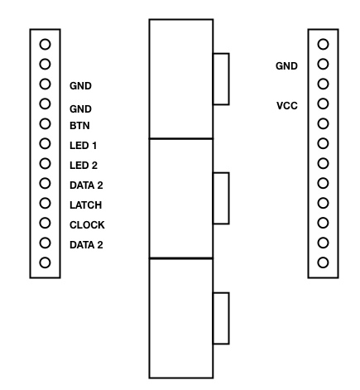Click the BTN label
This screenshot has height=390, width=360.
[79, 126]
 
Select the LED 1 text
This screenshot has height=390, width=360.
[84, 146]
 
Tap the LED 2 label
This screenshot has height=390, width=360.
[84, 166]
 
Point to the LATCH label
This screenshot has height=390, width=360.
[86, 205]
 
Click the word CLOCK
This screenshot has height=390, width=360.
[87, 225]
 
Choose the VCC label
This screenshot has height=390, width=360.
[287, 106]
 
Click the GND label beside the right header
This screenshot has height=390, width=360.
[286, 66]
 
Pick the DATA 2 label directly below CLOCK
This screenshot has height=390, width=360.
[86, 245]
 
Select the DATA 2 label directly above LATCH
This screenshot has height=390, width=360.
[86, 185]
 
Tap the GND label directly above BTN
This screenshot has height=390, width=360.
[80, 109]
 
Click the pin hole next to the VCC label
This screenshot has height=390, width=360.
[323, 104]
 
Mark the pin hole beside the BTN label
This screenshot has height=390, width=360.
[45, 123]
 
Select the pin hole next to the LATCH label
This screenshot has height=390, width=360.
[45, 203]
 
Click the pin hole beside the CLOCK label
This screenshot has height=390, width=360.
[45, 223]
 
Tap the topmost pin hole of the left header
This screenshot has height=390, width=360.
[45, 44]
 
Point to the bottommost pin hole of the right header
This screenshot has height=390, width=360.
[323, 262]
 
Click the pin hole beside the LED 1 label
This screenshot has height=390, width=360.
[45, 143]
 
